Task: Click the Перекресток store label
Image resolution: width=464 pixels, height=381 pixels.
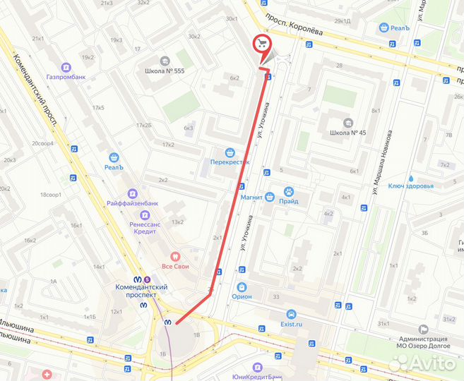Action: (x=230, y=162)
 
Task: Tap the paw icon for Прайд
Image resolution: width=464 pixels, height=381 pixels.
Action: (x=289, y=191)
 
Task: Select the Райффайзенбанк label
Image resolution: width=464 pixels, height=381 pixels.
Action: (x=132, y=203)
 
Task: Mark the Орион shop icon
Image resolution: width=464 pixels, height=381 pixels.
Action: (x=242, y=287)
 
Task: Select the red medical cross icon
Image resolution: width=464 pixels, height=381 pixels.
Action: (x=47, y=374)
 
